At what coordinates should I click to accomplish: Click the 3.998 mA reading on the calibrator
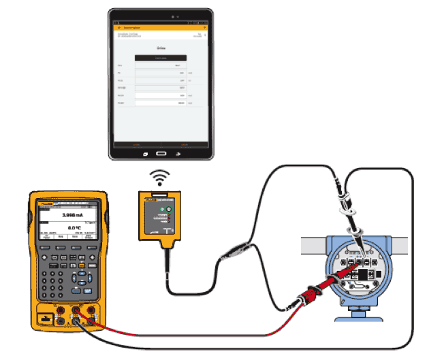click(72, 214)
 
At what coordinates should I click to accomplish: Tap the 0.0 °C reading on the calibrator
click(74, 229)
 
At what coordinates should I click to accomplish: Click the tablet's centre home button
click(159, 152)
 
